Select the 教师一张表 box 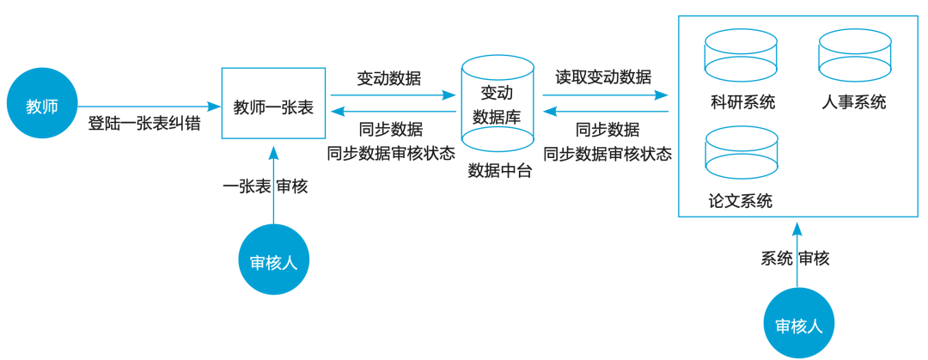pyautogui.click(x=273, y=103)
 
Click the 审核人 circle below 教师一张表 pyautogui.click(x=273, y=261)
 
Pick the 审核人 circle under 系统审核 pyautogui.click(x=798, y=325)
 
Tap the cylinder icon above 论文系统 pyautogui.click(x=741, y=153)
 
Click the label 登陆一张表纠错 pyautogui.click(x=144, y=124)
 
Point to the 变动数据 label pyautogui.click(x=389, y=78)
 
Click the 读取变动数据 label pyautogui.click(x=603, y=77)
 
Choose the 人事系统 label pyautogui.click(x=853, y=102)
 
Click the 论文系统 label pyautogui.click(x=741, y=201)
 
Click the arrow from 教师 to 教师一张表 pyautogui.click(x=146, y=107)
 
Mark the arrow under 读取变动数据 pyautogui.click(x=605, y=95)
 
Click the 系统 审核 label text pyautogui.click(x=795, y=259)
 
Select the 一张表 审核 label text pyautogui.click(x=266, y=186)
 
